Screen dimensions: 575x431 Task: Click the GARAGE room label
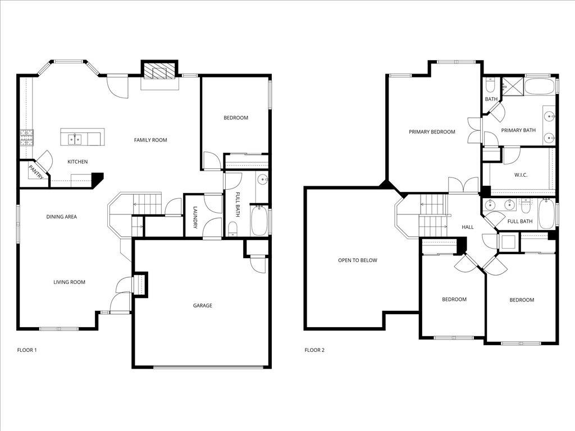(202, 305)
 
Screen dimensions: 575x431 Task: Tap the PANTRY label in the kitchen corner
(36, 172)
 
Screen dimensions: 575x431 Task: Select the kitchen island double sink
(75, 139)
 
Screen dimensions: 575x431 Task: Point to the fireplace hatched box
(159, 71)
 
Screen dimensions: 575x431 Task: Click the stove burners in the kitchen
(26, 138)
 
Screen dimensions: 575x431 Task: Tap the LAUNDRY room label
(195, 217)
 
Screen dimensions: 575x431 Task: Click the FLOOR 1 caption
(27, 350)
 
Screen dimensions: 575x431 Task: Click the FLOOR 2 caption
(314, 350)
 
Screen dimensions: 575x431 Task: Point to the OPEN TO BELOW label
(358, 260)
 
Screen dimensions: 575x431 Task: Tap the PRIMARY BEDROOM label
(432, 132)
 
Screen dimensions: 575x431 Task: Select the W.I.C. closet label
(521, 175)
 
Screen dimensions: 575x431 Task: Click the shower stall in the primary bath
(513, 86)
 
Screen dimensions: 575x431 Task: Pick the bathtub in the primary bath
(540, 86)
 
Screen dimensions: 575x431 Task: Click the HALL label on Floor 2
(468, 227)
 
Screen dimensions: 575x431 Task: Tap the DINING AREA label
(62, 217)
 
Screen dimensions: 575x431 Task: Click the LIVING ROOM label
(69, 282)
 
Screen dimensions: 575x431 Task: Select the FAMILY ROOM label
(150, 140)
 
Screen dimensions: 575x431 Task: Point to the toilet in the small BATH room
(490, 86)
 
